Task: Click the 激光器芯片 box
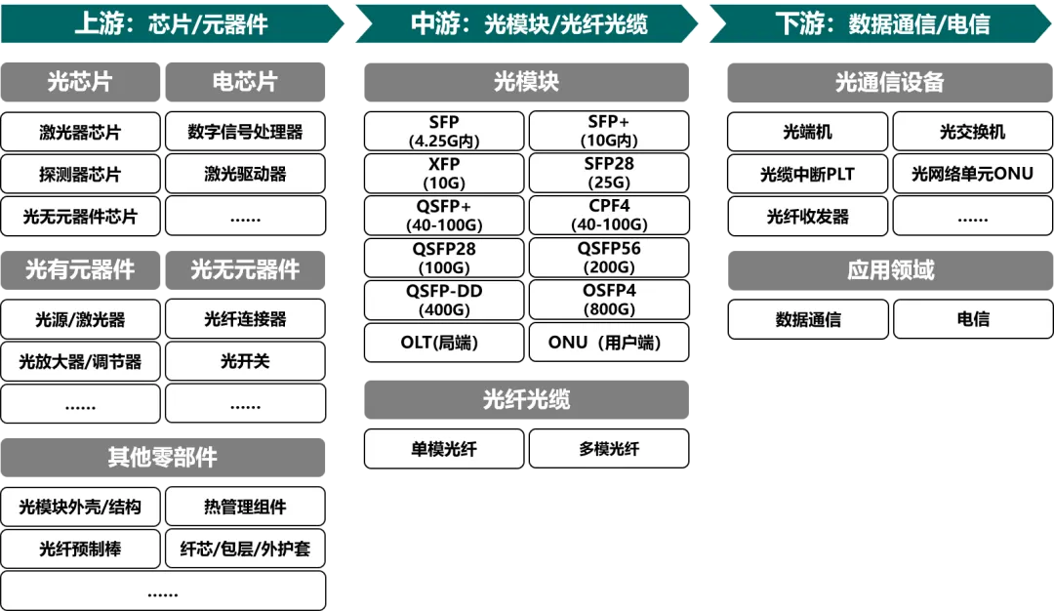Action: (x=80, y=133)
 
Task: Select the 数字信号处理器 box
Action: (x=245, y=133)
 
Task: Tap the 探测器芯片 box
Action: (x=80, y=175)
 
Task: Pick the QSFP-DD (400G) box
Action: (x=444, y=301)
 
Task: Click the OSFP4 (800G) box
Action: (x=609, y=301)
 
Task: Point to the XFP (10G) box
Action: (x=444, y=174)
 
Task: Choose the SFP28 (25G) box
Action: (x=609, y=174)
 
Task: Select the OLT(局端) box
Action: (x=444, y=343)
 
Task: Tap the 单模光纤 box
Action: (x=444, y=449)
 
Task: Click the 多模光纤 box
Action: (x=609, y=449)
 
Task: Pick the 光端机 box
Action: (x=807, y=133)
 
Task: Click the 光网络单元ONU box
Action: (x=972, y=175)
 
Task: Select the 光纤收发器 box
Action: (x=807, y=217)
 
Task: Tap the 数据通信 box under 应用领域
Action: (x=807, y=319)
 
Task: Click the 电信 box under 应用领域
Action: (x=972, y=319)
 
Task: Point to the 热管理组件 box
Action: (x=245, y=507)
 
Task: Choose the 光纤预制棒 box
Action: (x=80, y=549)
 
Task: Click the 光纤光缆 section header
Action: (x=526, y=399)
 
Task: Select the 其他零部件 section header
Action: (x=162, y=457)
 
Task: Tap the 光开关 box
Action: (x=245, y=361)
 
